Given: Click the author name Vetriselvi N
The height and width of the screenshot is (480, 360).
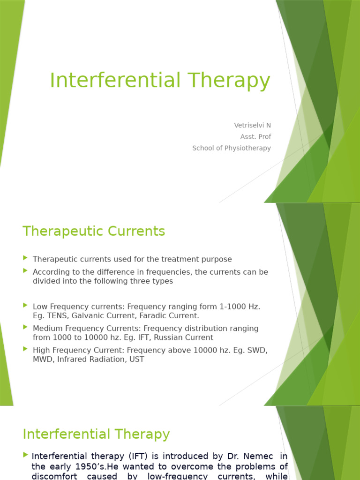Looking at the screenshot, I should pyautogui.click(x=252, y=125).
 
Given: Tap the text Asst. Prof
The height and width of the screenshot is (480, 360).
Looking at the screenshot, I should pyautogui.click(x=255, y=136).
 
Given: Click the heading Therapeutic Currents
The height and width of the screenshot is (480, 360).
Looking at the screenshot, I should pyautogui.click(x=94, y=231).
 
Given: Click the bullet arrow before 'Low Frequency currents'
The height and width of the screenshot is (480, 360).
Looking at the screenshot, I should pyautogui.click(x=25, y=305).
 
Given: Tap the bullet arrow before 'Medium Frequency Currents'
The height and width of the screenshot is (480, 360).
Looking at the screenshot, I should pyautogui.click(x=25, y=327).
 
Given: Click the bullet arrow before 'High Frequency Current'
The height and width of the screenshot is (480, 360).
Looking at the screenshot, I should pyautogui.click(x=25, y=349).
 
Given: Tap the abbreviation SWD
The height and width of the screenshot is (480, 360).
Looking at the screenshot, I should pyautogui.click(x=258, y=350).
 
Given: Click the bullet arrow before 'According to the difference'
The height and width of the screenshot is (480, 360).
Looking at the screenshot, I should pyautogui.click(x=25, y=270).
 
